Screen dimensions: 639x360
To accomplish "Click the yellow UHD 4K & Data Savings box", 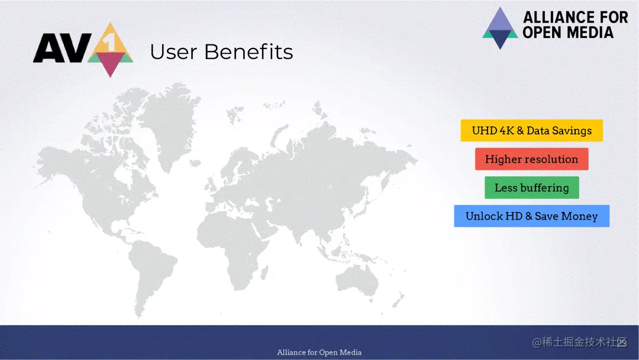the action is click(531, 130).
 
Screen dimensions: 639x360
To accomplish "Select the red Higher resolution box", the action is click(531, 159).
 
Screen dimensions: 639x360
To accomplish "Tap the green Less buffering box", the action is click(531, 188).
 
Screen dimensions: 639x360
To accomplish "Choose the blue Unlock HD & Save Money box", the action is click(531, 216).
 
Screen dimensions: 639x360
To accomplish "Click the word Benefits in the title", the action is click(248, 52).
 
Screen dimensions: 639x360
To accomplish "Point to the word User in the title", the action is click(173, 52).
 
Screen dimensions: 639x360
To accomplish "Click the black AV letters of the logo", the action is click(62, 48).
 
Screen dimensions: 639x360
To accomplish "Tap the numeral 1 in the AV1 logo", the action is click(111, 43).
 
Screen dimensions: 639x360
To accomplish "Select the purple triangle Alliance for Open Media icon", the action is click(500, 28).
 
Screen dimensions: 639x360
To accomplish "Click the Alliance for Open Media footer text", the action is click(319, 352).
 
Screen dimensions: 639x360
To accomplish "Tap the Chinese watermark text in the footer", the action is click(579, 342).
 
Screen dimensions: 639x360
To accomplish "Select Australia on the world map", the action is click(358, 280).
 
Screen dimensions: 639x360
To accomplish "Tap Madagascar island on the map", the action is click(264, 273).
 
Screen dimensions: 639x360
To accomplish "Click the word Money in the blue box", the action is click(579, 216).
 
